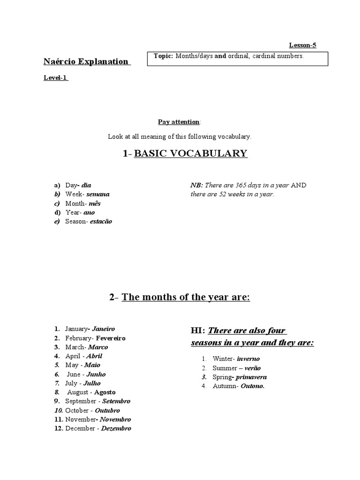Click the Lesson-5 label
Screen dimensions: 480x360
(x=306, y=45)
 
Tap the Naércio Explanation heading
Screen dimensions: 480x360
(x=86, y=61)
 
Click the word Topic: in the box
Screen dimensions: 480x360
(x=164, y=56)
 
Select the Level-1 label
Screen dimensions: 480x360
(x=56, y=78)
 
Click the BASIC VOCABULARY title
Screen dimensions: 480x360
(x=190, y=153)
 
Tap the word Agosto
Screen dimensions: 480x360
(x=105, y=392)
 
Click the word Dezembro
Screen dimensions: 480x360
(x=116, y=428)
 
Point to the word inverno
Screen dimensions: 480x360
(x=248, y=359)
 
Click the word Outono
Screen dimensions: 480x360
(x=253, y=386)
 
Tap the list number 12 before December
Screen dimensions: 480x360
(x=59, y=428)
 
